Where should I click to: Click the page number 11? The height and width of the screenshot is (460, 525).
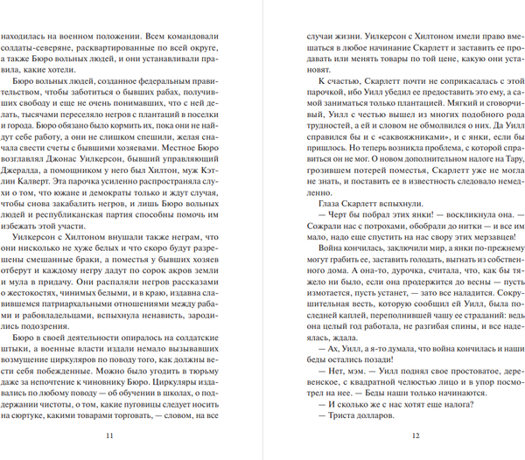click(108, 436)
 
